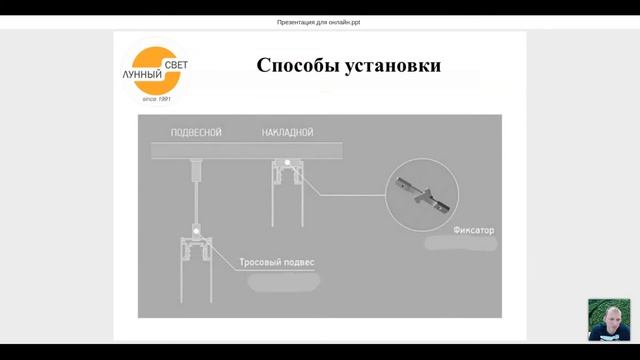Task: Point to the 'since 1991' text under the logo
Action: [x=158, y=98]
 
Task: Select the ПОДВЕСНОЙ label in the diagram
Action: [x=194, y=133]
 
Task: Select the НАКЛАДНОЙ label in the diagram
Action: [x=288, y=133]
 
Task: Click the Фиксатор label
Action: [x=474, y=230]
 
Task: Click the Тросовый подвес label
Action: [x=277, y=263]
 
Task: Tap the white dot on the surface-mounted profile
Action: [x=287, y=163]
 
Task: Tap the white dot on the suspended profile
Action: [x=197, y=232]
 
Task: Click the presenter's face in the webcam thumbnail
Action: [x=608, y=317]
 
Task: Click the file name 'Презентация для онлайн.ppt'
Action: [x=319, y=22]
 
